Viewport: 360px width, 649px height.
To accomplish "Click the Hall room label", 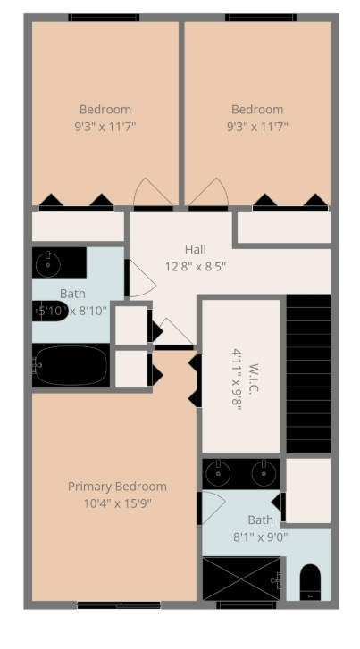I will (x=196, y=249).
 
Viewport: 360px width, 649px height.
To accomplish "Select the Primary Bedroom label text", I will (x=117, y=487).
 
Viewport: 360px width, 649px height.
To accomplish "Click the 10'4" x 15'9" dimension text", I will (x=117, y=503).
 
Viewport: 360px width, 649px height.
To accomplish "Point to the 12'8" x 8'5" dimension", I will (x=196, y=265).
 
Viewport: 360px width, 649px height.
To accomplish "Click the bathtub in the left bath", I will (x=71, y=366).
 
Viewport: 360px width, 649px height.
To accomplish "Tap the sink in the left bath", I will (x=48, y=263).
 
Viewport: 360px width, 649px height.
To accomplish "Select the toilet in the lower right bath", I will (x=308, y=581).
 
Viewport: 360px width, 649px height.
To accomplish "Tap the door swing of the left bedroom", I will (x=153, y=193).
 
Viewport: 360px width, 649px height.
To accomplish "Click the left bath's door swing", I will (x=140, y=279).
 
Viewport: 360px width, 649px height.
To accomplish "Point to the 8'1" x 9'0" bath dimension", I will (x=260, y=537).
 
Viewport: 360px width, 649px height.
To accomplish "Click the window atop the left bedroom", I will (x=104, y=18).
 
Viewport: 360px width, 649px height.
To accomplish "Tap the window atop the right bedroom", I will (x=260, y=18).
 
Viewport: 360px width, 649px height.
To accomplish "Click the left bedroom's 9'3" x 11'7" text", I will (x=105, y=127).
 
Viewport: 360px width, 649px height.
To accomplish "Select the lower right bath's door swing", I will (x=213, y=507).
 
